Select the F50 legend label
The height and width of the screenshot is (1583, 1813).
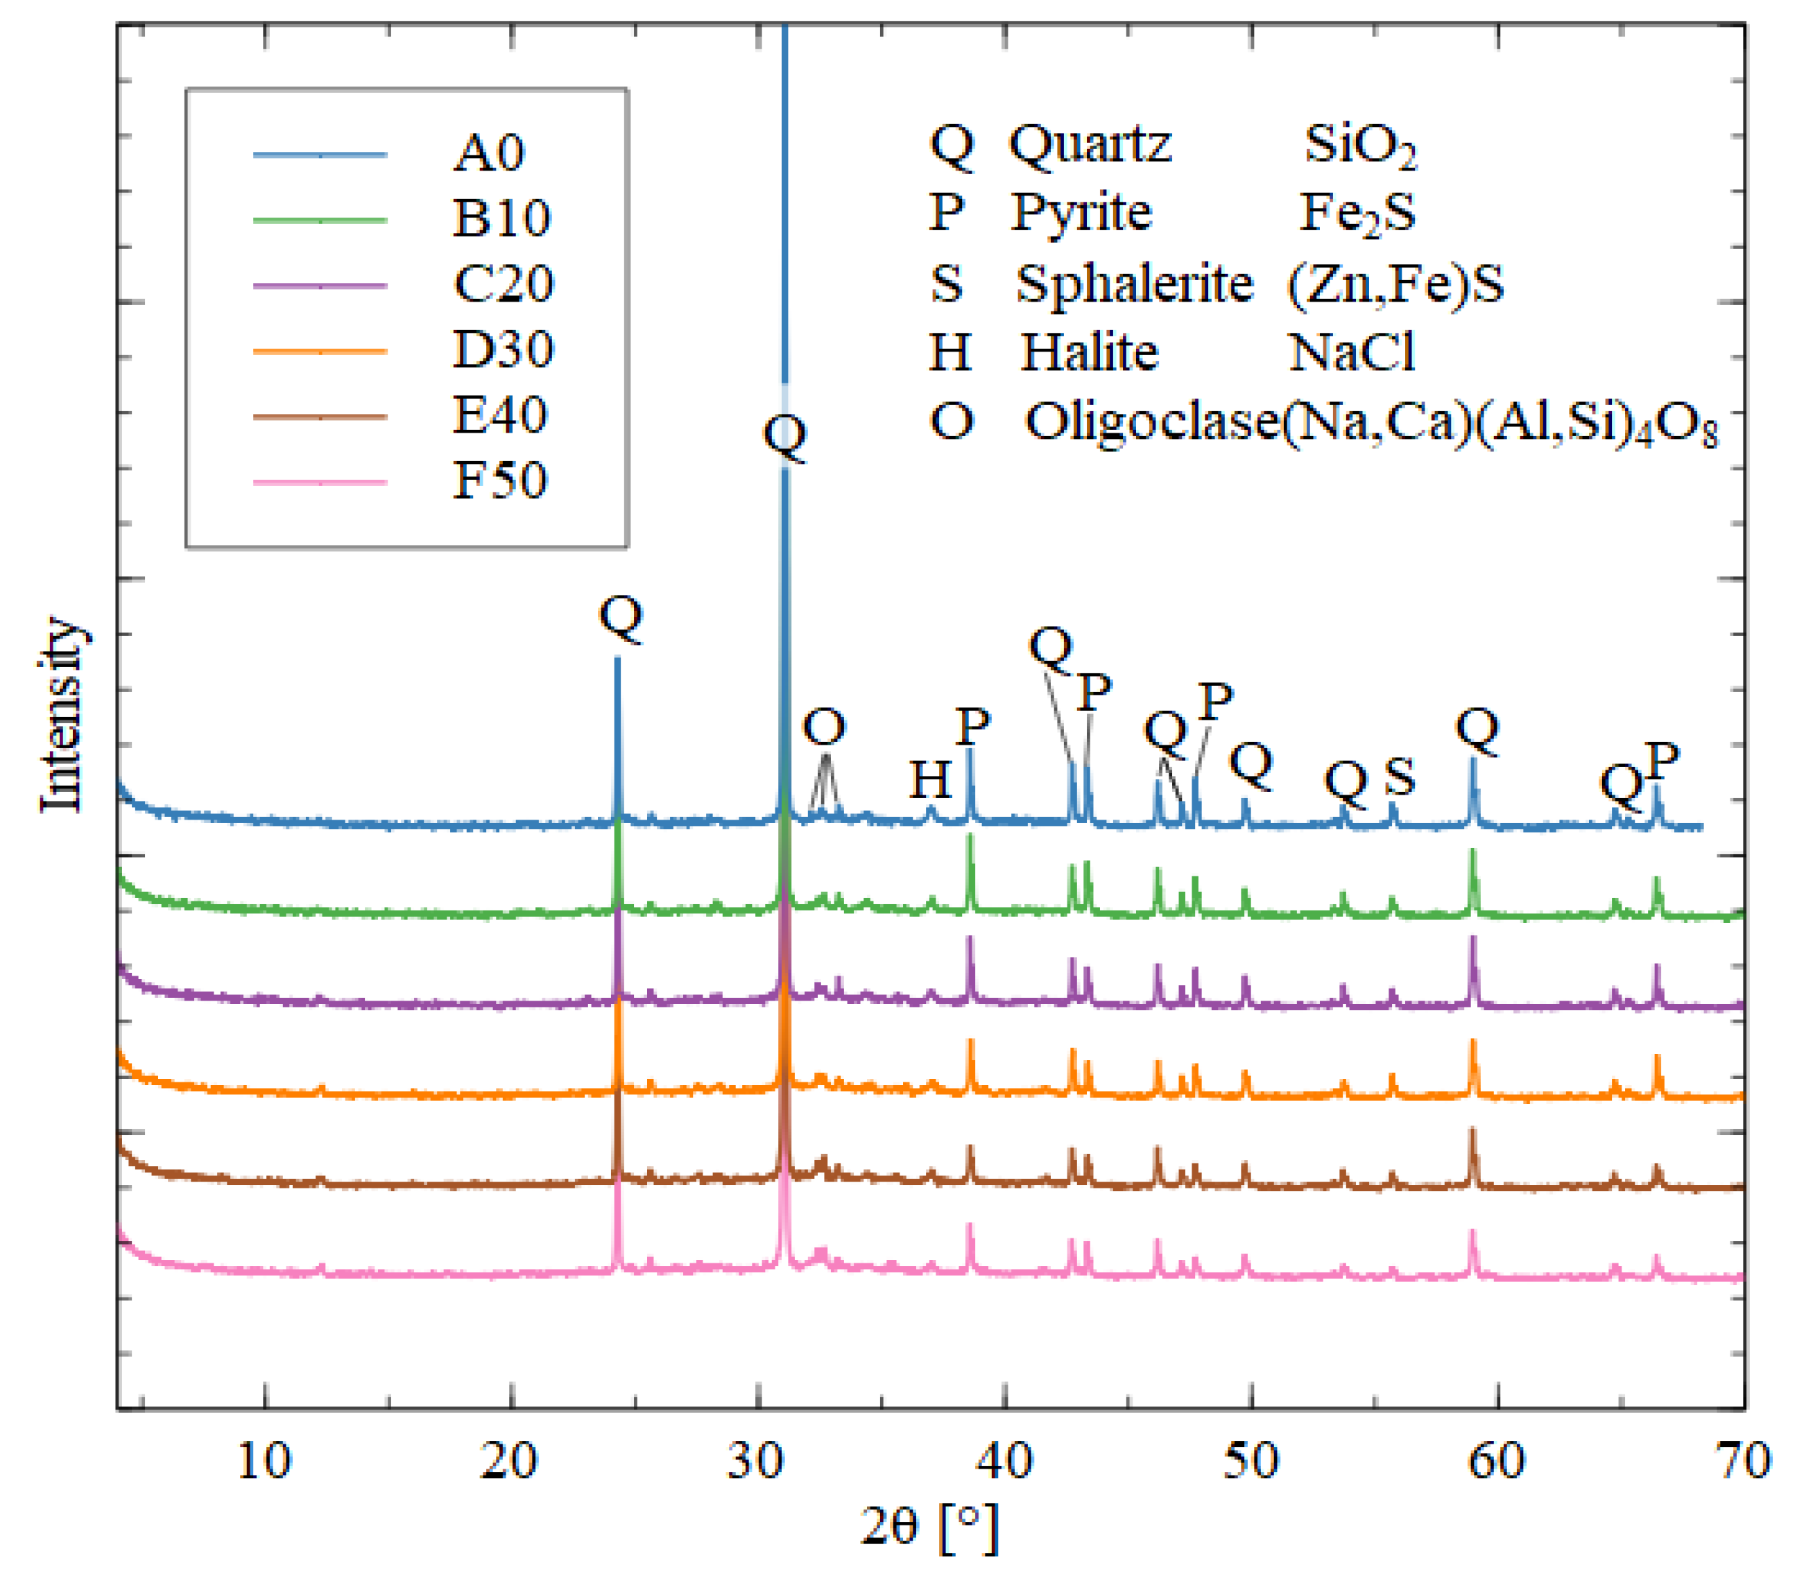500,481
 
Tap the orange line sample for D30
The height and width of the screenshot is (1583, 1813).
320,352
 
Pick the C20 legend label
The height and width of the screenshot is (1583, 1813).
503,284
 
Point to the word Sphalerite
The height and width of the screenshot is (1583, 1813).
1133,284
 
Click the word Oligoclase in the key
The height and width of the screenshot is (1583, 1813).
1153,422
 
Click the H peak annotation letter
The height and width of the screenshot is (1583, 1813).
930,780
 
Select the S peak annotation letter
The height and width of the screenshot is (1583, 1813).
1399,777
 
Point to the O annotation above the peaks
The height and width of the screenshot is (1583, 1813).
823,728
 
